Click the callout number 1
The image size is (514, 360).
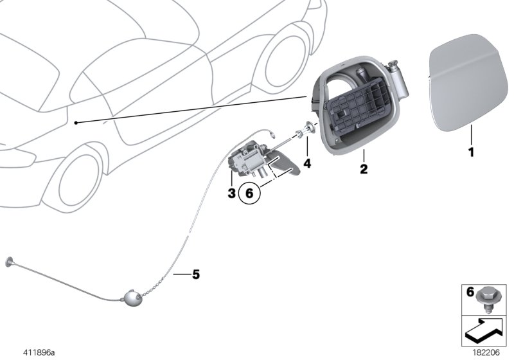tap(472, 152)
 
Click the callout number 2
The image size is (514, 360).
tap(364, 169)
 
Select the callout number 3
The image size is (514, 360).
tap(231, 193)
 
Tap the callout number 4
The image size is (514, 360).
tap(307, 163)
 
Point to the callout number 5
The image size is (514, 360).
tap(196, 274)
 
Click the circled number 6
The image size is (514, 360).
tap(249, 194)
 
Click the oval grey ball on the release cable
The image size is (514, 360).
tap(131, 298)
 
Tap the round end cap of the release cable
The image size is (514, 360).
tap(9, 262)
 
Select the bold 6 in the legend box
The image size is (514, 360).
tap(470, 291)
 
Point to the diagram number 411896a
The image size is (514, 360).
tap(39, 353)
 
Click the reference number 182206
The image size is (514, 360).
tap(486, 353)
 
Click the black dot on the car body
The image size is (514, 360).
tap(76, 123)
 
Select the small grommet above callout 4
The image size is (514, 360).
tap(308, 126)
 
